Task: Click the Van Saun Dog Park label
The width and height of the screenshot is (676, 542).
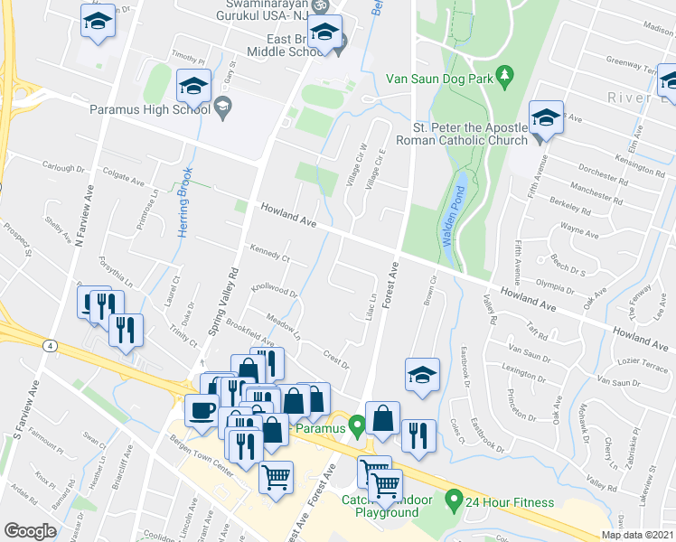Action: coord(439,79)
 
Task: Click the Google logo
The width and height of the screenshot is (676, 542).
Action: coord(30,531)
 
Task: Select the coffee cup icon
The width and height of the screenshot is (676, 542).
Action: coord(202,411)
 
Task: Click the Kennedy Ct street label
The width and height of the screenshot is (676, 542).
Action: coord(266,253)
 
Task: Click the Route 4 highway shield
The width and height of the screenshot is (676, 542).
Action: coord(45,344)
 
